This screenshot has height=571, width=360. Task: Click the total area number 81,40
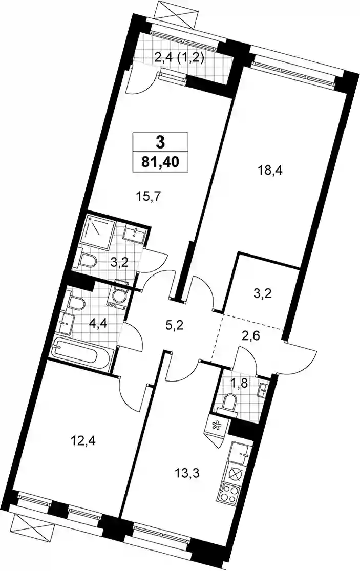point(160,161)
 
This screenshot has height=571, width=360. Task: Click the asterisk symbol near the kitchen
point(216,425)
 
